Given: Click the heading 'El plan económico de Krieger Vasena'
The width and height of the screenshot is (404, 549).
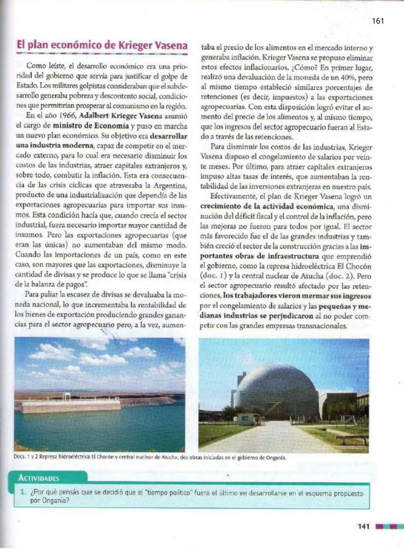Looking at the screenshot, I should click(x=102, y=46).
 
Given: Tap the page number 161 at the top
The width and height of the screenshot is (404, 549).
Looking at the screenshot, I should click(x=378, y=20).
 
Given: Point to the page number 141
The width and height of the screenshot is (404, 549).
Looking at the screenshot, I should click(x=364, y=526).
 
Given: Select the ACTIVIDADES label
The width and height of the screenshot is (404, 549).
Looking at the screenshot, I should click(x=39, y=478).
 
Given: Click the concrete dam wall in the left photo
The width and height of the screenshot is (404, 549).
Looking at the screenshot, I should click(x=71, y=405).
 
